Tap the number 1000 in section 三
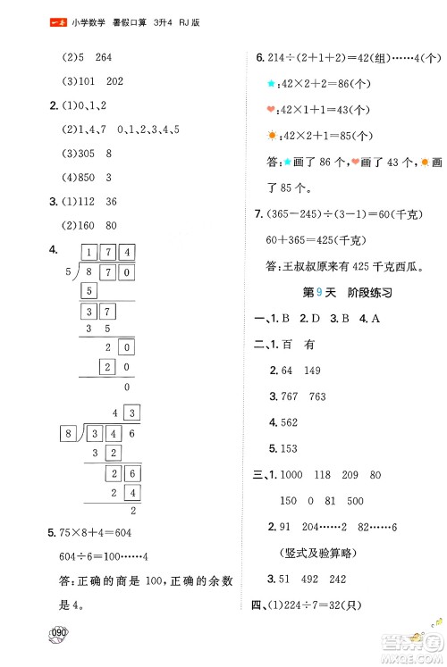pyautogui.click(x=294, y=477)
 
